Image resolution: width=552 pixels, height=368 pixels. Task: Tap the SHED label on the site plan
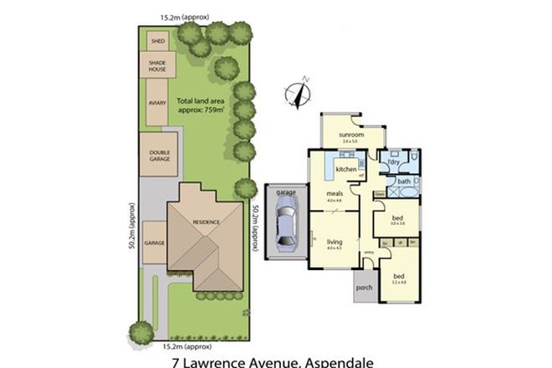click(x=156, y=41)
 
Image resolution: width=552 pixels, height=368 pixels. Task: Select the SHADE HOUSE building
click(x=156, y=66)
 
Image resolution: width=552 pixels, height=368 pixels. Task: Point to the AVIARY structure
click(x=156, y=102)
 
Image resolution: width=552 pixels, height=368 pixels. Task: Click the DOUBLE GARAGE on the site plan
click(x=158, y=154)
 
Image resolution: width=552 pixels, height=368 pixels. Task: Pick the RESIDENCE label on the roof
click(x=207, y=222)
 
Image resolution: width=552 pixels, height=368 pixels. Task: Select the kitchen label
click(x=346, y=170)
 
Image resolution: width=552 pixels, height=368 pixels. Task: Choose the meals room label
click(x=335, y=193)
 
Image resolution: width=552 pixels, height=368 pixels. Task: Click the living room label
click(x=335, y=243)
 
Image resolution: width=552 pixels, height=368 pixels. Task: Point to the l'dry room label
click(x=387, y=161)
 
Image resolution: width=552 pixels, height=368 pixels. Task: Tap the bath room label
click(x=404, y=181)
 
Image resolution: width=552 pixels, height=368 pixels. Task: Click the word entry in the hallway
click(x=367, y=253)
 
